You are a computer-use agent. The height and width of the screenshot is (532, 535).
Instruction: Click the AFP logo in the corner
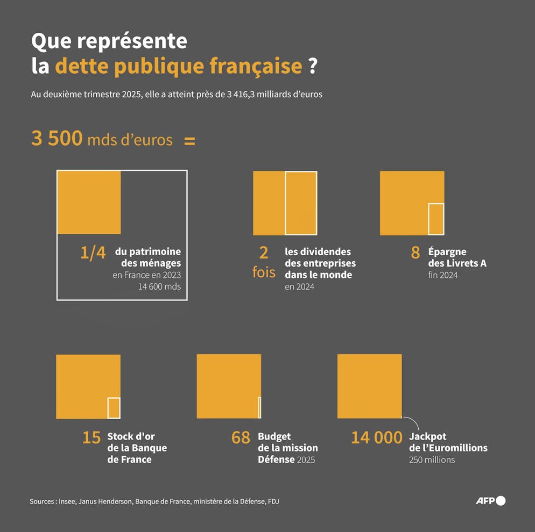coord(490,501)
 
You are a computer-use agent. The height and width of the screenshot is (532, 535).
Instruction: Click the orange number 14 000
coord(376,438)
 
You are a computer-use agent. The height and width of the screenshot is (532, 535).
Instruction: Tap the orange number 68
coord(241,438)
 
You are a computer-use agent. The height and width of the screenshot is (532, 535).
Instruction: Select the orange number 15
coord(91,438)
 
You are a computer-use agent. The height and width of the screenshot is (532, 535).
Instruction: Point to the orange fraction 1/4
coord(93,253)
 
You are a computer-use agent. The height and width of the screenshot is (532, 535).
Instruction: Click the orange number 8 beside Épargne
coord(415,253)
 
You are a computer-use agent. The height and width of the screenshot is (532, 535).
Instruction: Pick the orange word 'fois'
coord(264,272)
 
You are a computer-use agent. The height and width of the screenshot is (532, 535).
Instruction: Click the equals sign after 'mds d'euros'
coord(189,141)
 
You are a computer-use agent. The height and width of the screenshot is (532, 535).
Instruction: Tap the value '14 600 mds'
coord(159,286)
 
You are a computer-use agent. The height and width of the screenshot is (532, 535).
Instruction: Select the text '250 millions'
coord(432,459)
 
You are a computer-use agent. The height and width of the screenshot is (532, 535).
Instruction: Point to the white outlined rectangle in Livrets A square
coord(436,219)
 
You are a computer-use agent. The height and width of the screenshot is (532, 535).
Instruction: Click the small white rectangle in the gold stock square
coord(114,408)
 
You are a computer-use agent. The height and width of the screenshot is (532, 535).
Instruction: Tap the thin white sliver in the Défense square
coord(259,407)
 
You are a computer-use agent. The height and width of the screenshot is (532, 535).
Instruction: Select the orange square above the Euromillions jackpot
coord(369,386)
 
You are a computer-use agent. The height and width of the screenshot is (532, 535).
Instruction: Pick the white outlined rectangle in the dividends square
coord(301,203)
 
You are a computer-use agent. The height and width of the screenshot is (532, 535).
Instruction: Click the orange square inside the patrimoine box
coord(89,202)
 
